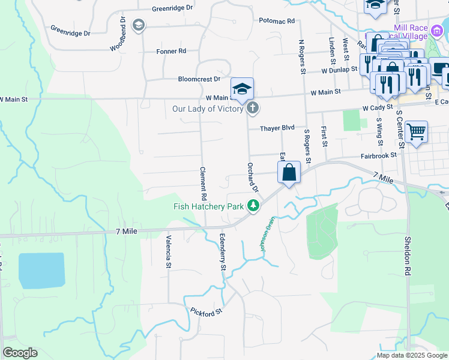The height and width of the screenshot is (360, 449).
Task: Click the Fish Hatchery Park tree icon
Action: [x=254, y=206]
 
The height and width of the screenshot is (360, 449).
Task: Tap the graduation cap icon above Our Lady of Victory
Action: [x=242, y=88]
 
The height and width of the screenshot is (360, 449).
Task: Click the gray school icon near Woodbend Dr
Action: [x=139, y=25]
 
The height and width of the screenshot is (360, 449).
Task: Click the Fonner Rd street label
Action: [x=171, y=52]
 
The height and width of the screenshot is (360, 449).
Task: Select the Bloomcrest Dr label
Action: [x=199, y=79]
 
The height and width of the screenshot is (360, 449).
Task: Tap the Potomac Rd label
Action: [x=277, y=21]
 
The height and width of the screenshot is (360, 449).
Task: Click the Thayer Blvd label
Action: [x=277, y=128]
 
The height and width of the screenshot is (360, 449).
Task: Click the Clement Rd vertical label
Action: [x=203, y=184]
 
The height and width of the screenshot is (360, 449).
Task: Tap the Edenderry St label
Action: [x=221, y=253]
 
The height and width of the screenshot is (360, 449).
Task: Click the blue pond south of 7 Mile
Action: [x=41, y=271]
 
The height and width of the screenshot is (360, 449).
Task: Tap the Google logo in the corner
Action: [x=20, y=353]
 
